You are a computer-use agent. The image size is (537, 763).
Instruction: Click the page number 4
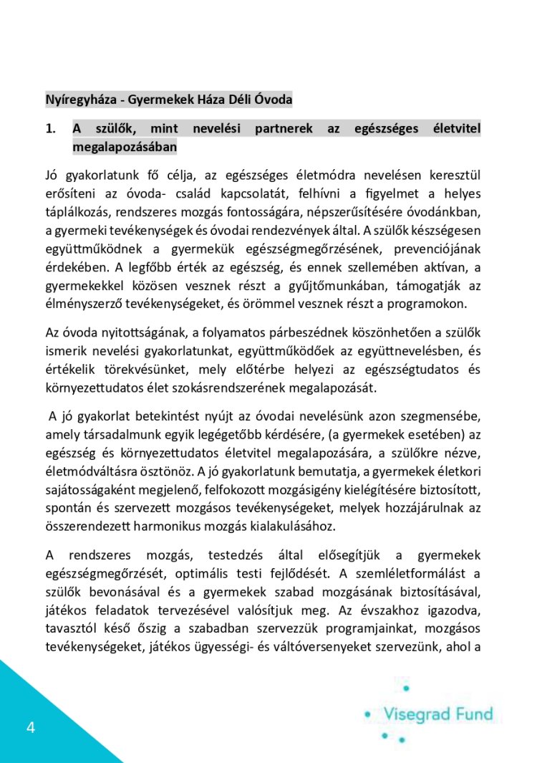point(30,729)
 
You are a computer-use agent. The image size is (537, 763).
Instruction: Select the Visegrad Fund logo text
point(437,714)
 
